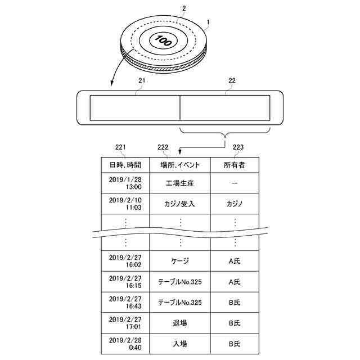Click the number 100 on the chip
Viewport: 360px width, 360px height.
coord(163,40)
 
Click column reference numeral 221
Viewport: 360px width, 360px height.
coord(119,147)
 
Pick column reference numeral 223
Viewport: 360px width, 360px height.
coord(238,147)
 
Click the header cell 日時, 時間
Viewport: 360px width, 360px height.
coord(125,165)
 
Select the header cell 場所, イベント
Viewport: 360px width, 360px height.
coord(180,165)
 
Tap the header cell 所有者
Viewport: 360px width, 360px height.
coord(235,165)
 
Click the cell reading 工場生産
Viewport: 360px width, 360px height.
coord(180,183)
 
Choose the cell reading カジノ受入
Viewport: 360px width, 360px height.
coord(180,204)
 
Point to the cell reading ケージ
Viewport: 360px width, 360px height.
coord(180,262)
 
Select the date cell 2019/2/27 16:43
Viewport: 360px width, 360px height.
coord(125,302)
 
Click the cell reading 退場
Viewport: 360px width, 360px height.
coord(180,323)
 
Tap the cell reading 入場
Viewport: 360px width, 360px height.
coord(180,343)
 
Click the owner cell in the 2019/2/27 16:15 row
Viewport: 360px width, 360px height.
coord(235,282)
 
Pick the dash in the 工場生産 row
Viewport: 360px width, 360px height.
coord(235,183)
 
